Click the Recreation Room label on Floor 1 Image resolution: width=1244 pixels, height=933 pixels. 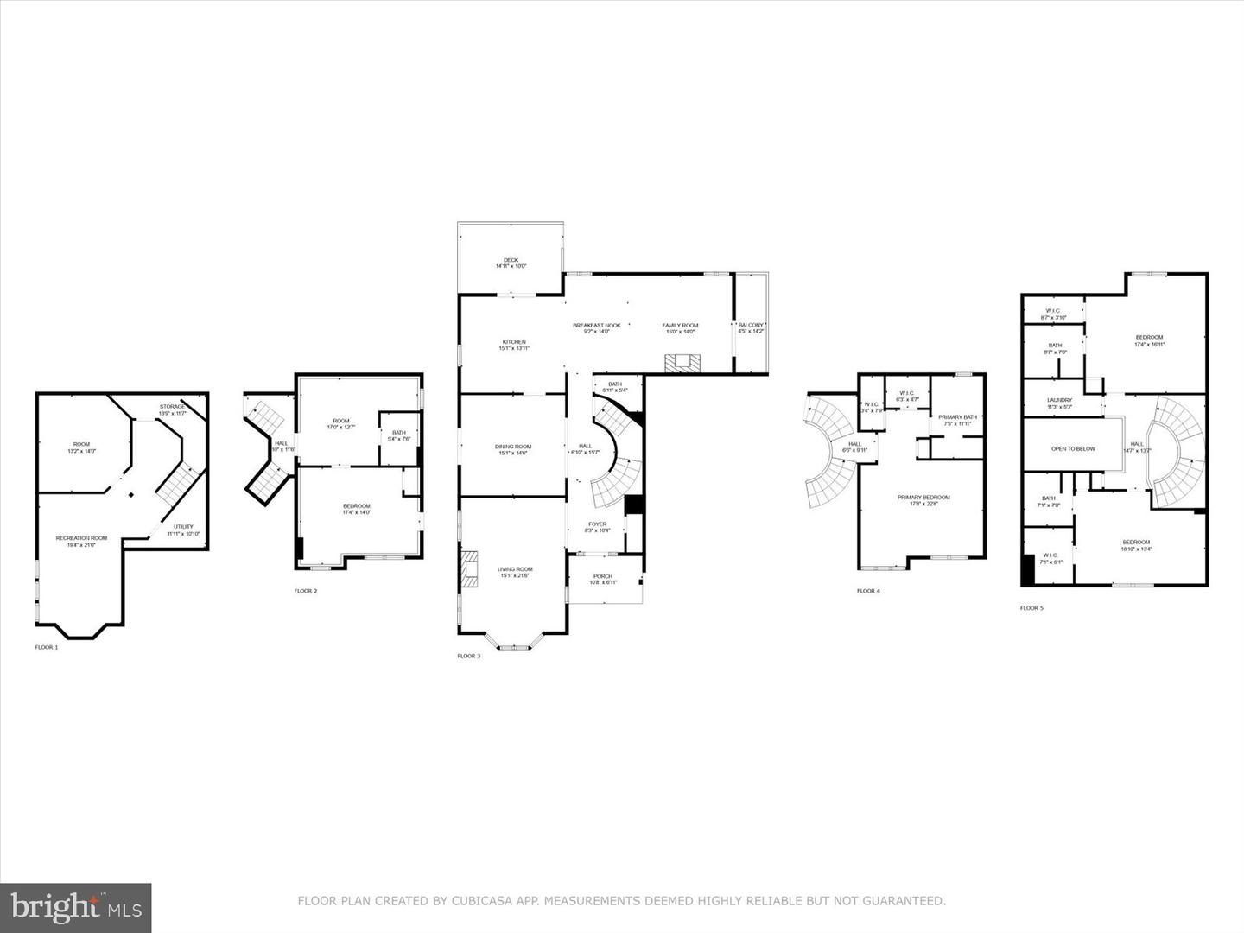81,538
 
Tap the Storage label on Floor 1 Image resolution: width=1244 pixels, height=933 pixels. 172,407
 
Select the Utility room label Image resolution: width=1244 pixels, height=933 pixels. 183,527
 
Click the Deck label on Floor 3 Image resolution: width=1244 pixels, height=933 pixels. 511,260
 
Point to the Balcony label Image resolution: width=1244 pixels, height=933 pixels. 750,326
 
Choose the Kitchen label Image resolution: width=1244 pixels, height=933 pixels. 514,342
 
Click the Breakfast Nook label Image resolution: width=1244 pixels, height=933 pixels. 596,326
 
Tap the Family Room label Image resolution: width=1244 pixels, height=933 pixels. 680,326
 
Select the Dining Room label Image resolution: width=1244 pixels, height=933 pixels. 513,447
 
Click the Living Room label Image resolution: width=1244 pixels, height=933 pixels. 515,570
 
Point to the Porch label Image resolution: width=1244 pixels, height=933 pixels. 603,577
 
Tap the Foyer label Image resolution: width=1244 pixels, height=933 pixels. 597,524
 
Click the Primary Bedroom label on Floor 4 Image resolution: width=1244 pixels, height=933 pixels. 923,498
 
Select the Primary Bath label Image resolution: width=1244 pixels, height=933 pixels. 957,418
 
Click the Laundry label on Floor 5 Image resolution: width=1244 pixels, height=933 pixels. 1059,401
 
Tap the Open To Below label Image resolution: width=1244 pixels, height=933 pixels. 1073,449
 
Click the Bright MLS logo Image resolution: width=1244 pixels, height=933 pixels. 76,907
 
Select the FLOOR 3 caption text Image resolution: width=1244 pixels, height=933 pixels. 469,657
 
